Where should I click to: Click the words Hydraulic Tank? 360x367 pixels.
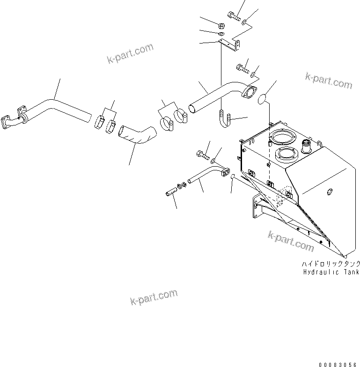331,272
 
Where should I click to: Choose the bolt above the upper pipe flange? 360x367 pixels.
242,68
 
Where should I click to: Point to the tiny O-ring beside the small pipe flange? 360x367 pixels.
234,176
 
